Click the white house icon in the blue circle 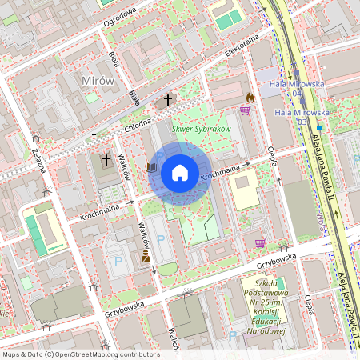[180, 172]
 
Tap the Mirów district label [98, 81]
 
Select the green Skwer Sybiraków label [201, 129]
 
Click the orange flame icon [250, 97]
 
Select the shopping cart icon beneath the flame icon [245, 110]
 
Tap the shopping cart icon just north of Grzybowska [260, 242]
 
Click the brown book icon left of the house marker [150, 168]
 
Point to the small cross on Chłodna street [94, 136]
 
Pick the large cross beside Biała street [168, 100]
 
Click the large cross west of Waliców [106, 159]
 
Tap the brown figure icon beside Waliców [146, 256]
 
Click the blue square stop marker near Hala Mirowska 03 [318, 127]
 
